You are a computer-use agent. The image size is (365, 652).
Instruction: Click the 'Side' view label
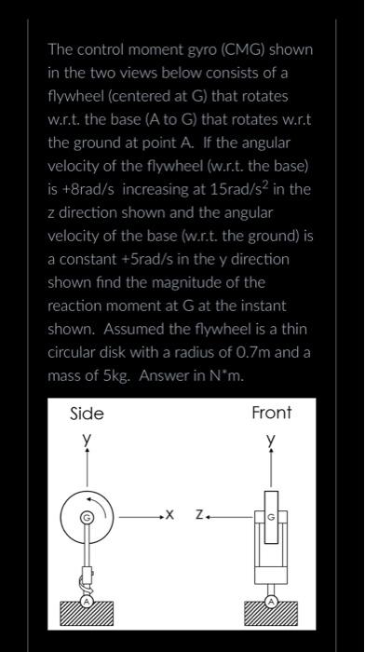click(88, 414)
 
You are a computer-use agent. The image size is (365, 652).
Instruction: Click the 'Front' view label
click(272, 412)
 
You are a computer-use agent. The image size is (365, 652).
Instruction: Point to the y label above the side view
click(88, 436)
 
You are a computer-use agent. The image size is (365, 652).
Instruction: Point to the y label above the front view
click(272, 436)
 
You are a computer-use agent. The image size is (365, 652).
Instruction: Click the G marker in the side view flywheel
click(87, 514)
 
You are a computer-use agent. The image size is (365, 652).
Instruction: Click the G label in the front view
click(272, 514)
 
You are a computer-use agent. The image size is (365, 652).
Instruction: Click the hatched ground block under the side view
click(87, 615)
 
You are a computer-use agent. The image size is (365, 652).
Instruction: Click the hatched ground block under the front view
click(272, 615)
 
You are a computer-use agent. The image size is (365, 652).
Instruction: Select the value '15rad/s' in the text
click(226, 190)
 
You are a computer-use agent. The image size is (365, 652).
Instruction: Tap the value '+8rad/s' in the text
click(88, 190)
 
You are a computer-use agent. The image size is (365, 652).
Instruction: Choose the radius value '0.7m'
click(272, 352)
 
